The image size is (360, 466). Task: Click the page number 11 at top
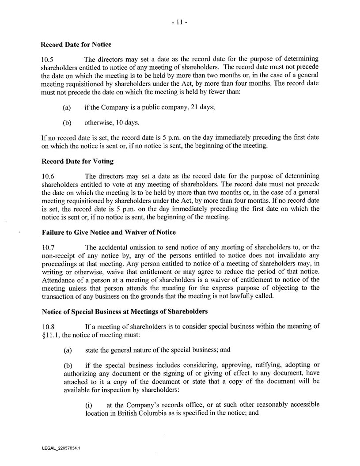(x=180, y=21)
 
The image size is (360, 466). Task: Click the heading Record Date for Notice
(x=76, y=44)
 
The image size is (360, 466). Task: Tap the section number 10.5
(x=47, y=59)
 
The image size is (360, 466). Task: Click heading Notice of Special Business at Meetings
(x=124, y=311)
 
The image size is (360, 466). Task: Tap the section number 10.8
(x=47, y=326)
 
